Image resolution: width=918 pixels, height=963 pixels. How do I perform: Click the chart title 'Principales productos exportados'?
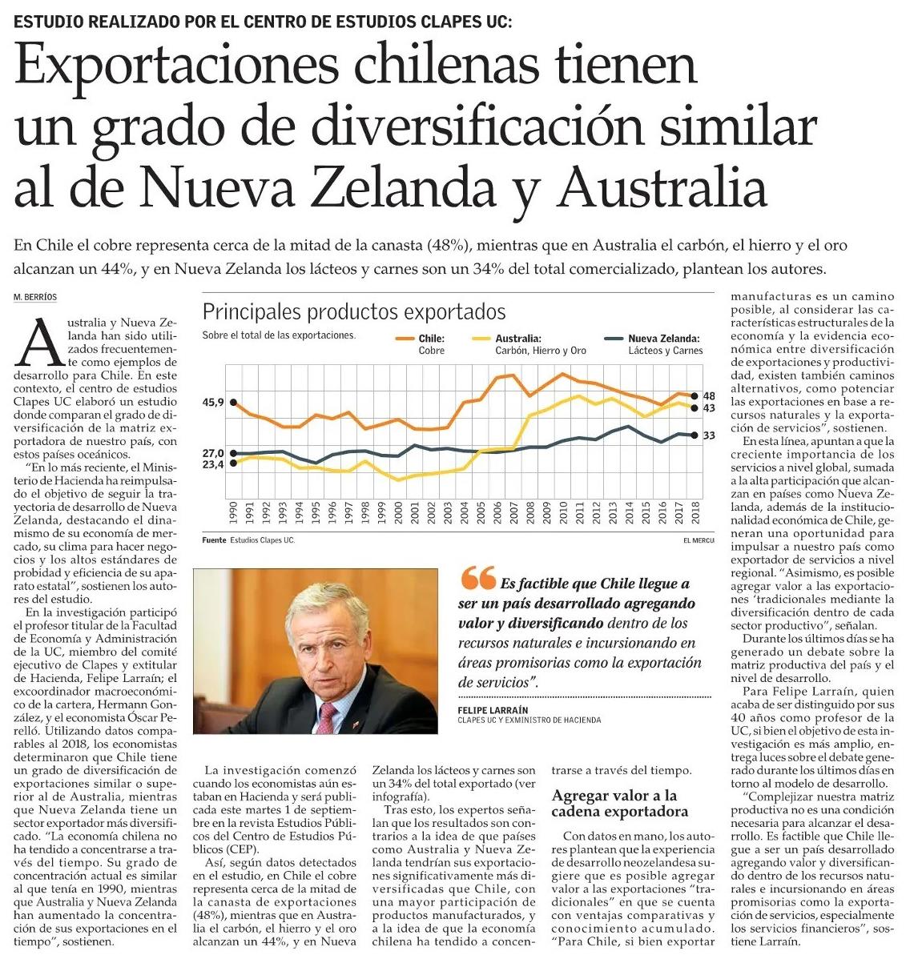click(x=353, y=311)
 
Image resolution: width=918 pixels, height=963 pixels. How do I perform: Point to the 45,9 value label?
click(x=213, y=403)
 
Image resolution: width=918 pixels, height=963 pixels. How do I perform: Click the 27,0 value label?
click(x=213, y=453)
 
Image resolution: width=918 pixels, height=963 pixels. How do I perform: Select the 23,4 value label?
click(x=213, y=464)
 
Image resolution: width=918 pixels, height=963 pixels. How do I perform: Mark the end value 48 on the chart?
click(x=709, y=396)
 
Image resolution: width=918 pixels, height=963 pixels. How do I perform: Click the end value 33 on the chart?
click(x=709, y=435)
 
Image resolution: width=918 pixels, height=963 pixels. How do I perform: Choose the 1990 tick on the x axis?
click(x=233, y=512)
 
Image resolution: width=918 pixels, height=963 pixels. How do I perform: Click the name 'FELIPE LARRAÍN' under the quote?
click(x=493, y=710)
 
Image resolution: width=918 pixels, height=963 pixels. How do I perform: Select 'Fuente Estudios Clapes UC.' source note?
click(x=249, y=540)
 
